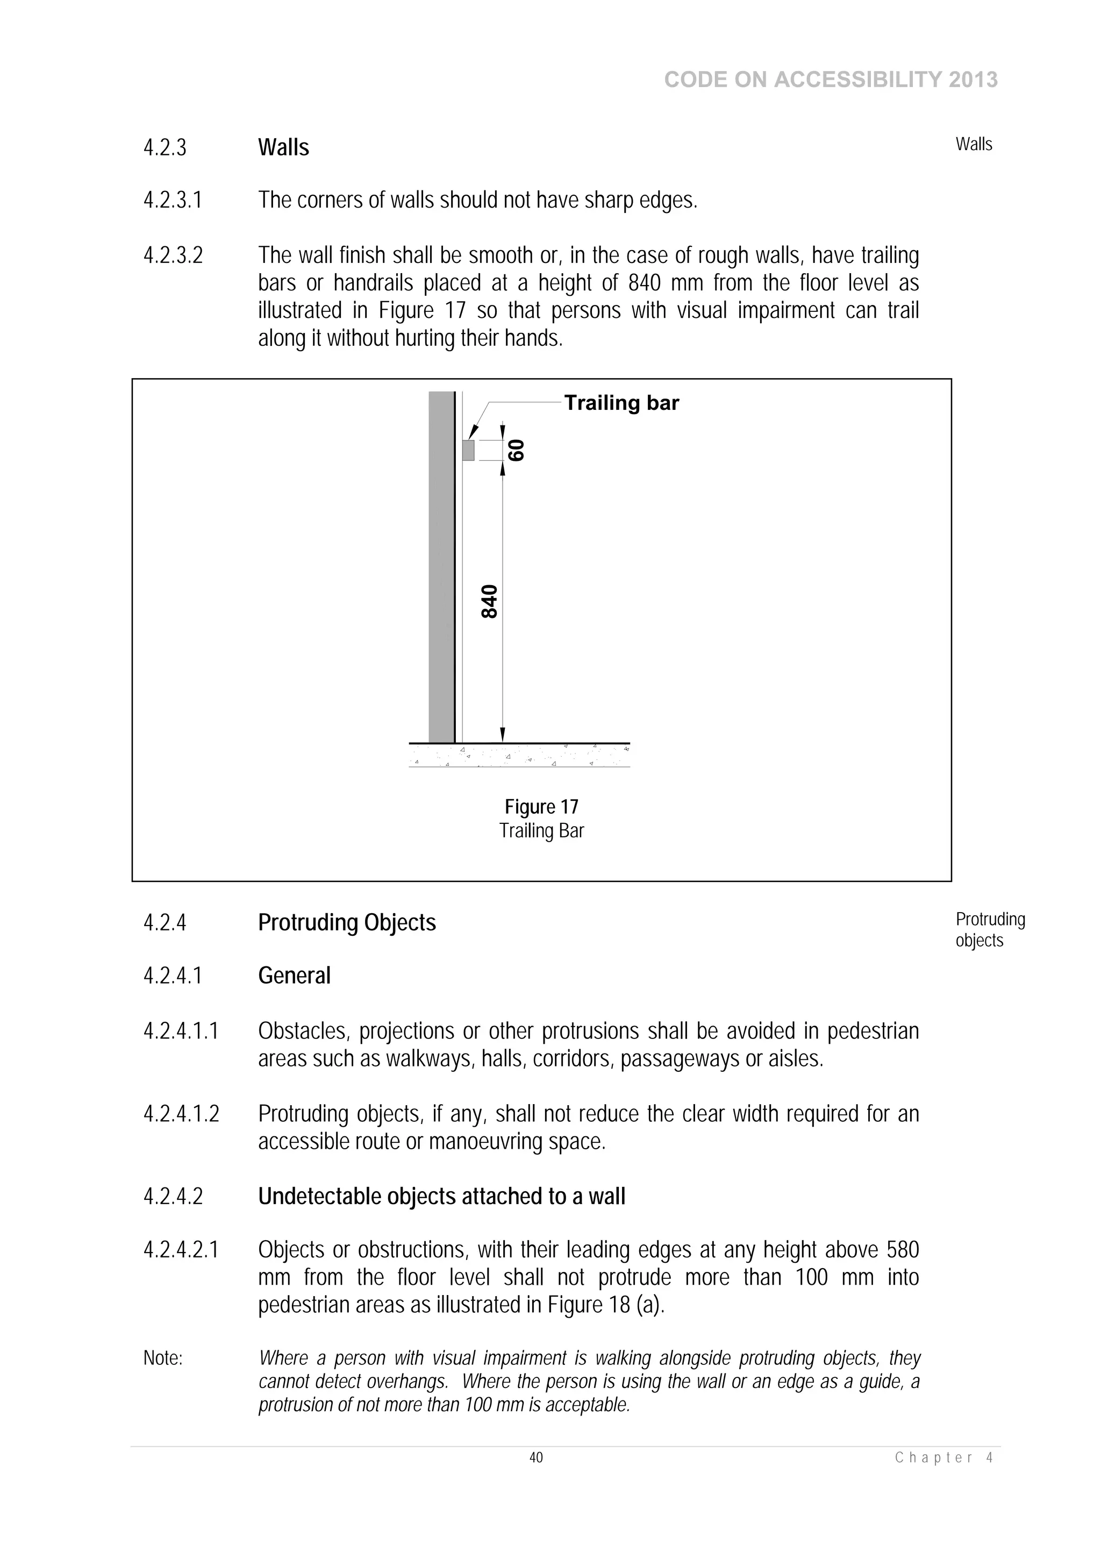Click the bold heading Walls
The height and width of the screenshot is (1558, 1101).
tap(283, 148)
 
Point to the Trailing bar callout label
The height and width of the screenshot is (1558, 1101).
tap(621, 403)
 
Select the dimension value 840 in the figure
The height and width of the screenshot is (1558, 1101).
tap(489, 601)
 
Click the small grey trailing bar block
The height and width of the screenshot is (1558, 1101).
tap(468, 450)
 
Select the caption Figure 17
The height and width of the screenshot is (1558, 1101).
tap(541, 807)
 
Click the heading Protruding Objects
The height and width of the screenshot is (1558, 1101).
tap(347, 923)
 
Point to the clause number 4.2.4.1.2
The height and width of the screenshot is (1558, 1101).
tap(181, 1114)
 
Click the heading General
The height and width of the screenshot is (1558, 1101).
tap(294, 976)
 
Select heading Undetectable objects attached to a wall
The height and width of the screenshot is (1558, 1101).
tap(441, 1196)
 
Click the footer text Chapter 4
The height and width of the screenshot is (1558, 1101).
tap(943, 1457)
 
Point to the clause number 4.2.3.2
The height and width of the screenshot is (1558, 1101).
tap(173, 256)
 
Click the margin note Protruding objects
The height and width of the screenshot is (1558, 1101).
tap(989, 930)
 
